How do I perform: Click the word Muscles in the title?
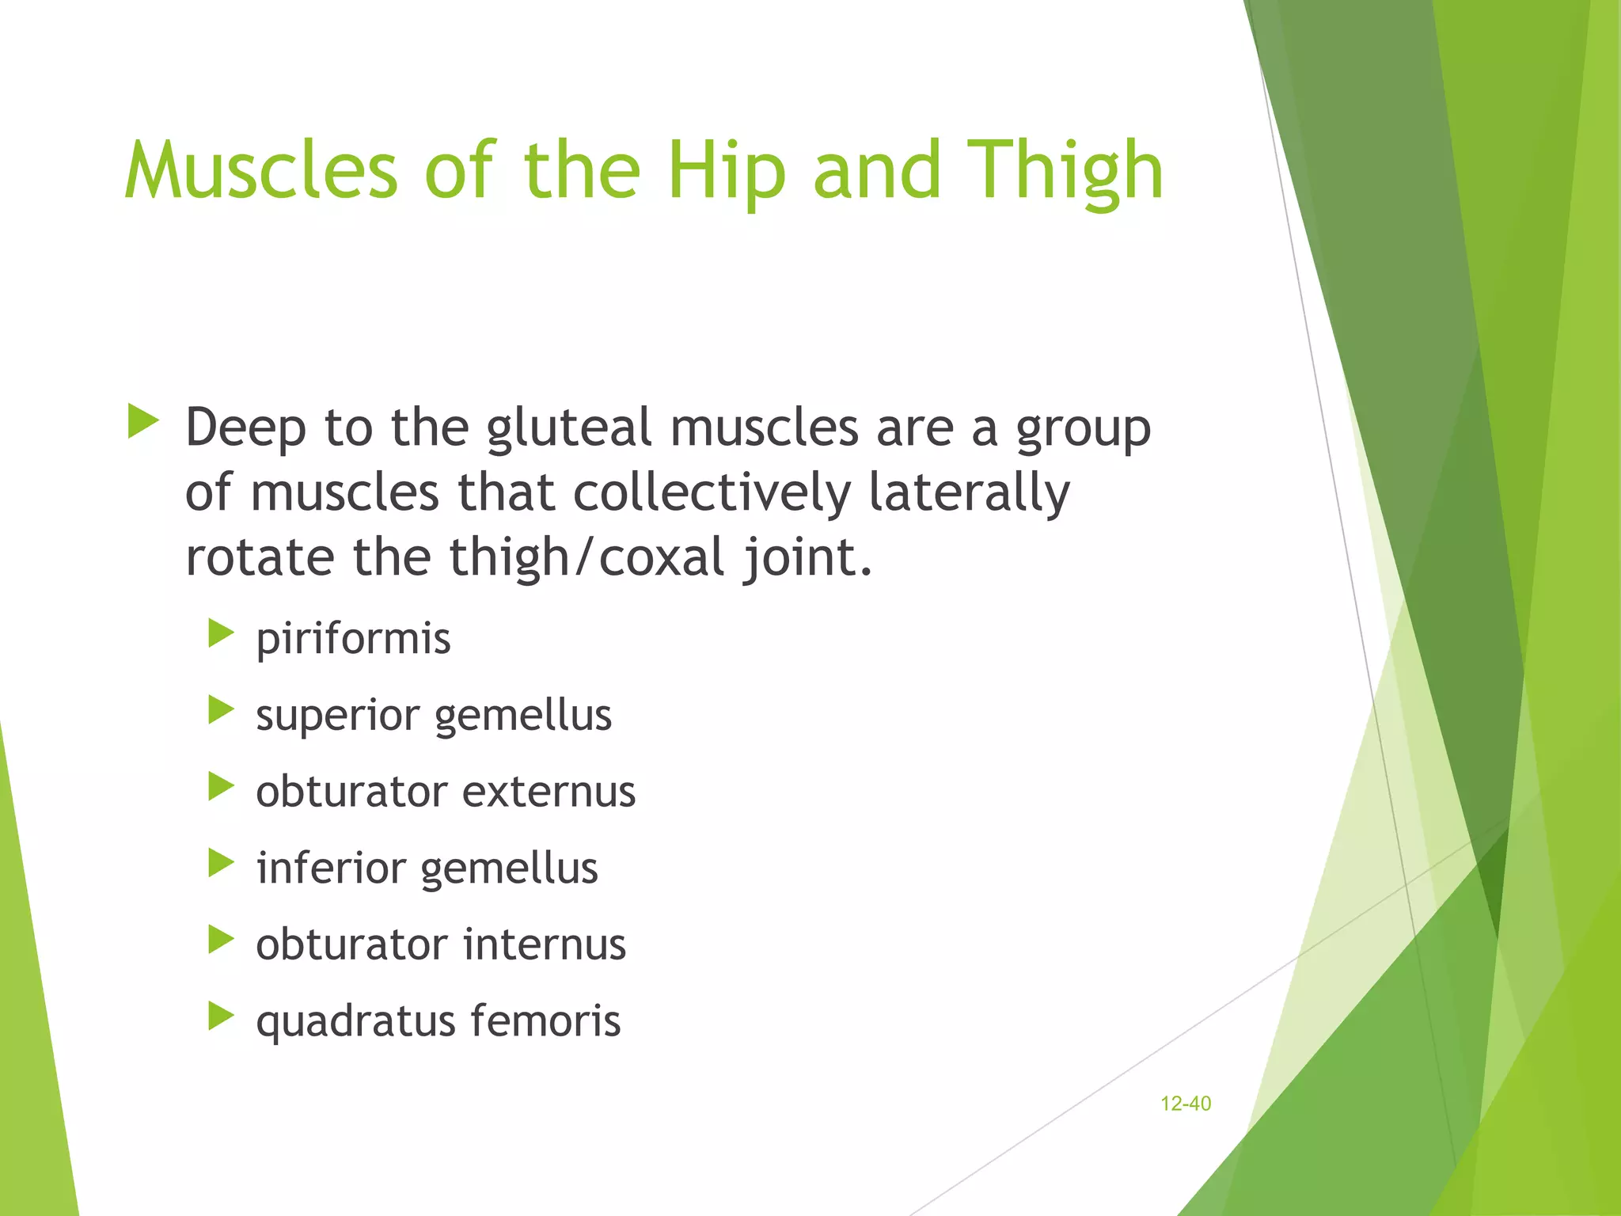(261, 170)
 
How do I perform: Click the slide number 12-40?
(1185, 1104)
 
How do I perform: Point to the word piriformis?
(353, 639)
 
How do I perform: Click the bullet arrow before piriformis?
(221, 634)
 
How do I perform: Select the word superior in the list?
(337, 716)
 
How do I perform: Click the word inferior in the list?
(331, 868)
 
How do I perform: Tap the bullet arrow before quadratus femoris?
(221, 1016)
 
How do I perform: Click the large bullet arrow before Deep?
(142, 421)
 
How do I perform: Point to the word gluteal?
(569, 428)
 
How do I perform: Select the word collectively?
(711, 492)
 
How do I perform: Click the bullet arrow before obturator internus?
(221, 940)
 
